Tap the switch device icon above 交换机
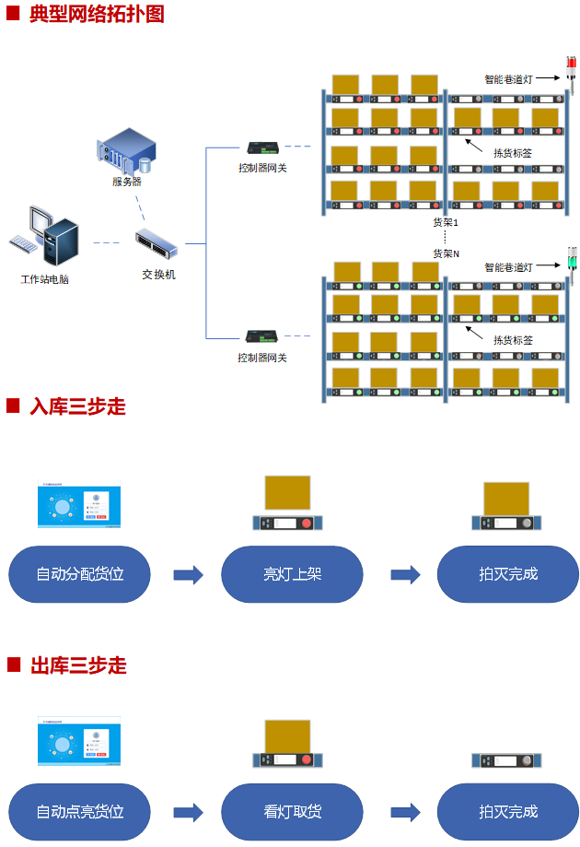(156, 242)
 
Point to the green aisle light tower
(571, 261)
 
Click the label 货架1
(446, 223)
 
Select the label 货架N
(447, 253)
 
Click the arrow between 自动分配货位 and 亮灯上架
(188, 575)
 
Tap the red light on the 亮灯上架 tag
(307, 523)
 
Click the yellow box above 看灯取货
(287, 736)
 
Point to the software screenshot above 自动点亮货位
(79, 740)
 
